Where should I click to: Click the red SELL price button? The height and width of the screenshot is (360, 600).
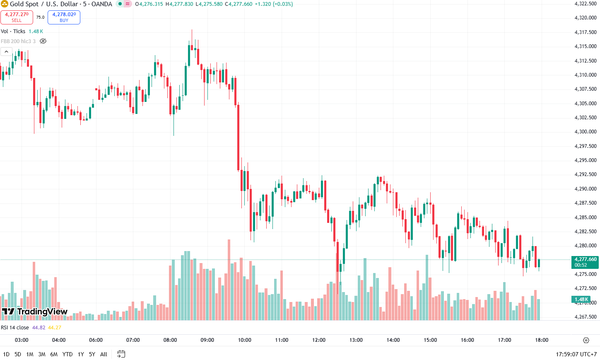pos(17,17)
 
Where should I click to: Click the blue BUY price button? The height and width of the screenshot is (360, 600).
pos(64,17)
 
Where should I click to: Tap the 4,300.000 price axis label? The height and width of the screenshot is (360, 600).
pos(585,132)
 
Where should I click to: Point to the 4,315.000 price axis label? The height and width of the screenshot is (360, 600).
pos(585,46)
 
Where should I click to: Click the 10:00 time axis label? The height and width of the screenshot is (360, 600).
pos(244,340)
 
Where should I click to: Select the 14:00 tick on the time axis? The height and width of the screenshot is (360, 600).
pos(393,340)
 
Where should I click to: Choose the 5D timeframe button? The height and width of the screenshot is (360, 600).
pos(18,354)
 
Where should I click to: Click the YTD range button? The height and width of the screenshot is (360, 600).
pos(67,354)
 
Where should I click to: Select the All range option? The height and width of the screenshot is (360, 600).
pos(104,354)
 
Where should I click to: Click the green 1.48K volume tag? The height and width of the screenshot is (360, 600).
pos(581,300)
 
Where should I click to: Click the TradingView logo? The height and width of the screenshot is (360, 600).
pos(35,312)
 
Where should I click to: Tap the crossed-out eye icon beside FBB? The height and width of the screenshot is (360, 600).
pos(43,41)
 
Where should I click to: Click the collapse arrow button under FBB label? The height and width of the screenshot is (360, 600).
pos(7,52)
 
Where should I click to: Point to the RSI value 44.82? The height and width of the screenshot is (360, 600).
pos(39,328)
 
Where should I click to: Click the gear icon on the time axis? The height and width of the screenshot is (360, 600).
pos(586,340)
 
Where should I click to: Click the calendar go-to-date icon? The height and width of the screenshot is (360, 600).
pos(121,354)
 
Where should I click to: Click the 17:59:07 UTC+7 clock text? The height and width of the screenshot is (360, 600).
pos(576,354)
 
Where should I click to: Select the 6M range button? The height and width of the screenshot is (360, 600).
pos(54,354)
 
